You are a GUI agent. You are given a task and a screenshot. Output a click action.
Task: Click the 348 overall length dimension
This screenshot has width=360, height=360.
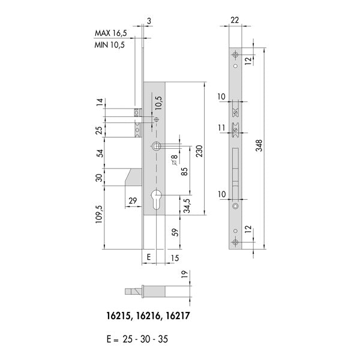(x=259, y=145)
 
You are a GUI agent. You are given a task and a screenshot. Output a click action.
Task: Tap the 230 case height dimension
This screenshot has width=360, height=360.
(x=199, y=151)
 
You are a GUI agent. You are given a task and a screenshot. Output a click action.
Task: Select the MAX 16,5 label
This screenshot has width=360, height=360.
(x=110, y=33)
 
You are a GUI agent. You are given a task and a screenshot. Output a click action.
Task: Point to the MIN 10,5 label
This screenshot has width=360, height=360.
(x=110, y=44)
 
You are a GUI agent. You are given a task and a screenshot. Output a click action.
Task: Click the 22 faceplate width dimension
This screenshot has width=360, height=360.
(x=235, y=20)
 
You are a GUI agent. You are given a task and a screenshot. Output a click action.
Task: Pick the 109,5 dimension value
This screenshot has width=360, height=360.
(x=99, y=214)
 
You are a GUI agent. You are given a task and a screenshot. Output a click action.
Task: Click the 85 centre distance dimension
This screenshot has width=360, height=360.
(x=184, y=172)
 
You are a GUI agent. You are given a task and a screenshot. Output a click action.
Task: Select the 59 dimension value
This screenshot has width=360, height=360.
(x=175, y=232)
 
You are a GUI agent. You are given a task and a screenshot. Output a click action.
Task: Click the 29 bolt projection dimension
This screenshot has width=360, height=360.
(x=133, y=200)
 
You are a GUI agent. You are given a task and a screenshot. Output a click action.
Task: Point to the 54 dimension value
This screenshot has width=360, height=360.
(x=100, y=153)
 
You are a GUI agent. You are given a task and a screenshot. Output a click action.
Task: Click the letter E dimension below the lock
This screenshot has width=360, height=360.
(x=149, y=257)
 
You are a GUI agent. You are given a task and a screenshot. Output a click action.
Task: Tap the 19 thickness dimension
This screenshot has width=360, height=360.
(x=184, y=274)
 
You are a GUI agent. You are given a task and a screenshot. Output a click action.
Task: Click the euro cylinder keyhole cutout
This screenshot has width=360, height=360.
(x=157, y=200)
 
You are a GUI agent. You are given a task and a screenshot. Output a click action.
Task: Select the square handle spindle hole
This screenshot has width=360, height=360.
(x=156, y=146)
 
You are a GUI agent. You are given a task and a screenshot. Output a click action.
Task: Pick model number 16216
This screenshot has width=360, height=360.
(x=148, y=316)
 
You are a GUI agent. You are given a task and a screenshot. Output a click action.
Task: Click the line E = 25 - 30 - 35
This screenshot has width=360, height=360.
(x=137, y=339)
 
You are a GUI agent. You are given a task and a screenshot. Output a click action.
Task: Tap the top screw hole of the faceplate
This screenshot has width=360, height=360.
(x=235, y=55)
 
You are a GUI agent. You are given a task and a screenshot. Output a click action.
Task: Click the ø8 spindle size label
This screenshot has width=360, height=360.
(x=175, y=160)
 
